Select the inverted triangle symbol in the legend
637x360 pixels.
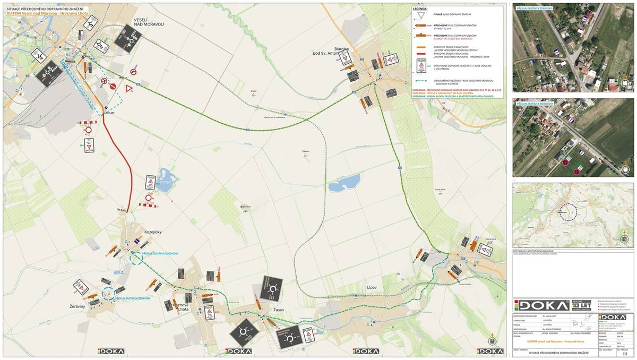click(423, 15)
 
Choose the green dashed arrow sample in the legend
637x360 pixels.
click(423, 81)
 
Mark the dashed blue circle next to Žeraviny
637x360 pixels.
click(109, 293)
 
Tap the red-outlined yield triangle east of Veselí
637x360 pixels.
click(129, 88)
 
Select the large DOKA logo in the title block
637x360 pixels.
click(539, 305)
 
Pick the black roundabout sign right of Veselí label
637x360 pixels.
click(127, 37)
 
